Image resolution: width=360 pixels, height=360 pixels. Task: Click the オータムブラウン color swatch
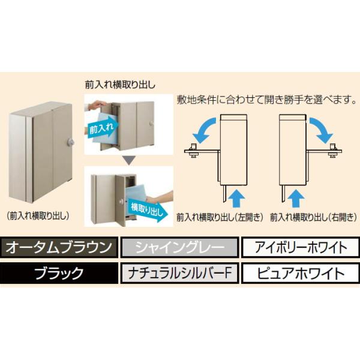tap(59, 247)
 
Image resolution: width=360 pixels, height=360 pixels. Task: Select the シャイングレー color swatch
tap(179, 247)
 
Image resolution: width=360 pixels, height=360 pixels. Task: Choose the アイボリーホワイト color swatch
tap(301, 247)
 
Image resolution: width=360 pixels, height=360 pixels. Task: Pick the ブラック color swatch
tap(59, 273)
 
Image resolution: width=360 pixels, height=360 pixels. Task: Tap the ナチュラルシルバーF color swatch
tap(179, 273)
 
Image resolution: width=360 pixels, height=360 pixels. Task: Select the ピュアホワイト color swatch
tap(301, 273)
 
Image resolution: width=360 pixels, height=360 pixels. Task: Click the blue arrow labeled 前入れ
tap(103, 129)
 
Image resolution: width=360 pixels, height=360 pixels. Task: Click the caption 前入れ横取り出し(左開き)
tap(220, 217)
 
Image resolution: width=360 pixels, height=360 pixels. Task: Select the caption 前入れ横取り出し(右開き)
tap(314, 217)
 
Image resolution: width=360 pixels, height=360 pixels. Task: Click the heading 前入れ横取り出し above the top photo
tap(120, 85)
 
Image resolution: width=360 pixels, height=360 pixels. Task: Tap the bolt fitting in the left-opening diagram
tap(193, 151)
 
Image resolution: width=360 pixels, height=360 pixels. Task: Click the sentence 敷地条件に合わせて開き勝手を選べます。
tap(266, 100)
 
